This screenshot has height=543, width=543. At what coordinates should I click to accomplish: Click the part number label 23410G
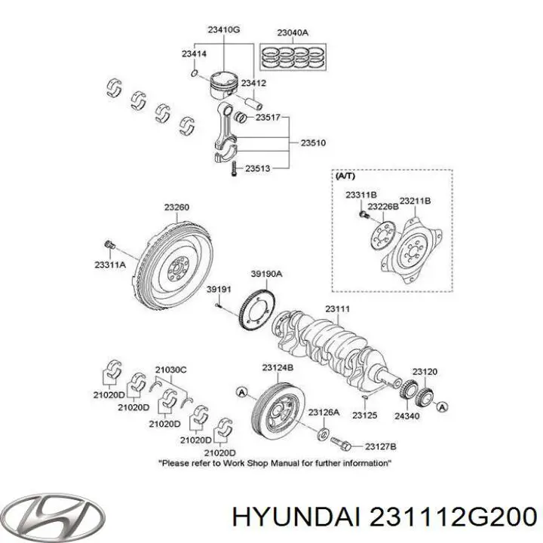tap(223, 29)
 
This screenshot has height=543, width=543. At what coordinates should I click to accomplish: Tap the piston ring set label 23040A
tap(293, 32)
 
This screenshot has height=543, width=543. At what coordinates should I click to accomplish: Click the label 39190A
tap(266, 275)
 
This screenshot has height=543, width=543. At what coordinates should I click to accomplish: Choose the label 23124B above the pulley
tap(278, 367)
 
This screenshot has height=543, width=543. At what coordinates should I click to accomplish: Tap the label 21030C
tap(171, 369)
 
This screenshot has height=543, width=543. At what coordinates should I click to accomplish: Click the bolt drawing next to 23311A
tap(110, 245)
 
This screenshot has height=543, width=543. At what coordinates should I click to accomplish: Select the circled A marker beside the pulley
tap(241, 391)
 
